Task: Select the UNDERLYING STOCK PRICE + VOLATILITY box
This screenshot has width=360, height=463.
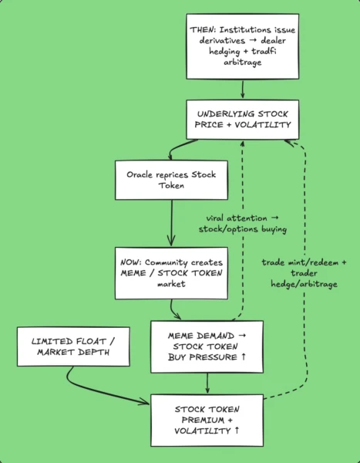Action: point(243,120)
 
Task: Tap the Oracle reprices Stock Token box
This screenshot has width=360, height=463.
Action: point(171,180)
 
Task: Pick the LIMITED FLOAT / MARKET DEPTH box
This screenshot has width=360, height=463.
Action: point(73,346)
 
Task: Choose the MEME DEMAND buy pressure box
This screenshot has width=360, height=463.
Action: point(207,346)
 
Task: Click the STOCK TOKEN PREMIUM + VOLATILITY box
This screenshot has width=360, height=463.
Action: point(207,421)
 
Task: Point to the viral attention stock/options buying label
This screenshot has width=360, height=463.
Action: point(243,224)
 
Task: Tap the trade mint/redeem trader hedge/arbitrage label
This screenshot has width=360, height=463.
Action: point(304,273)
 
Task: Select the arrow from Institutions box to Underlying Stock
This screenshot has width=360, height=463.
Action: point(243,90)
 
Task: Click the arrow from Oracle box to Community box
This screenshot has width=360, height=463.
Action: point(171,223)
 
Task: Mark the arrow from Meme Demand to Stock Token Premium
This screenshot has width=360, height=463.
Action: point(207,383)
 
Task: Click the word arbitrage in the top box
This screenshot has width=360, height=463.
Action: point(243,63)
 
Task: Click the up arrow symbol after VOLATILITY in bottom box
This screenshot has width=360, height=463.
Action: point(237,431)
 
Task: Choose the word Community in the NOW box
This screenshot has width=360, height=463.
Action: point(167,262)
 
